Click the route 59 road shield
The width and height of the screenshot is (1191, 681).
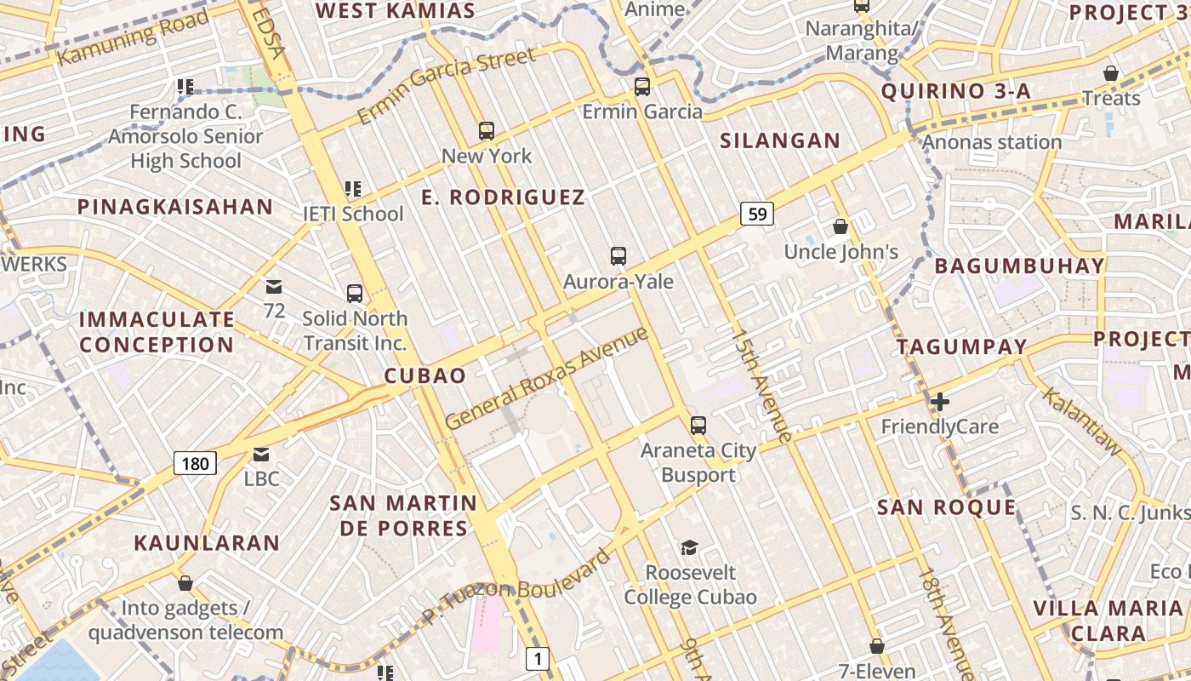(756, 213)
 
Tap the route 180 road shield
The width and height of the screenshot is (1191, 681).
(195, 463)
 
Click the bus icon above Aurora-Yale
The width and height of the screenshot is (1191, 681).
(618, 255)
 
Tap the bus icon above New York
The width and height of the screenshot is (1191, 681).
(487, 130)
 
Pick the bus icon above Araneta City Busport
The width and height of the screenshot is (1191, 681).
(698, 425)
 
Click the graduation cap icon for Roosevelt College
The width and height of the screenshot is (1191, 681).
(689, 547)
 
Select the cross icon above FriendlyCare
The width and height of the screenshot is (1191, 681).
(940, 401)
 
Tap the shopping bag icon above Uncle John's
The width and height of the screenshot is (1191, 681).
(841, 226)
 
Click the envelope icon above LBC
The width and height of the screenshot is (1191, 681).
(261, 454)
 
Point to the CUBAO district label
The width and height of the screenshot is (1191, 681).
(425, 375)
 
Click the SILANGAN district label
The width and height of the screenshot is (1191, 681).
(780, 140)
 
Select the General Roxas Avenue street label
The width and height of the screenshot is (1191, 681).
(545, 378)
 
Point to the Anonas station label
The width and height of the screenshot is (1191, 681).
(992, 141)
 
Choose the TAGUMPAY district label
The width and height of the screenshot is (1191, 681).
(962, 346)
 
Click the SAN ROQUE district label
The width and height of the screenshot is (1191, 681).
(946, 508)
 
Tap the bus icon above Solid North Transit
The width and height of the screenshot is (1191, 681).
(355, 294)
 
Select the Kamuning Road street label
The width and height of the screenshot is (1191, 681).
(134, 40)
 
